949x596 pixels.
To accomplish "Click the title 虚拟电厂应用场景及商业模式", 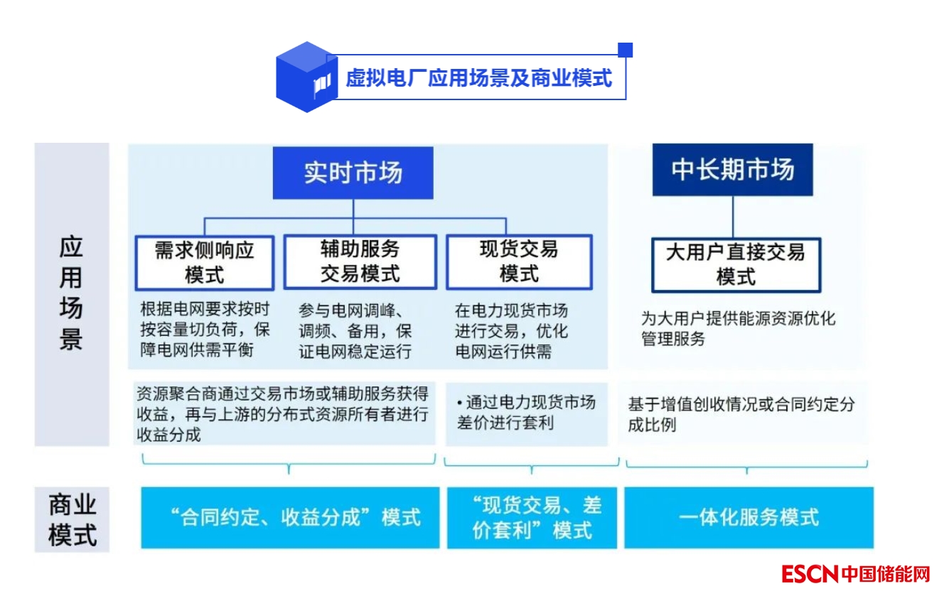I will [x=478, y=77].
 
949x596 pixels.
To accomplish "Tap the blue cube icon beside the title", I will [x=306, y=77].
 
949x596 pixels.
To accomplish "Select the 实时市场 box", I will [x=353, y=173].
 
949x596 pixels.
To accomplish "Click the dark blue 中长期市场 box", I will [x=733, y=170].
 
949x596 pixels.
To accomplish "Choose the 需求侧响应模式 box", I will [x=205, y=262].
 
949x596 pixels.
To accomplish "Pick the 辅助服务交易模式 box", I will [x=360, y=262].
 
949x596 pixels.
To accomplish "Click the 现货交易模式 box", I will [x=519, y=262].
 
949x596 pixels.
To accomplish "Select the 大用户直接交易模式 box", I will [x=736, y=264].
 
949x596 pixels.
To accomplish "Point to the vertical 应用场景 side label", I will [x=71, y=293].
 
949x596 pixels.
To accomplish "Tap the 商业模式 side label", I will [x=72, y=520].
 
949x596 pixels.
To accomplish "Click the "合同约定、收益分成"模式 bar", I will [x=290, y=517].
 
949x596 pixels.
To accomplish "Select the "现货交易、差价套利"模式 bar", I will [x=532, y=517].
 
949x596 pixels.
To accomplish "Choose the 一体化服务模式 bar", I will [x=749, y=517].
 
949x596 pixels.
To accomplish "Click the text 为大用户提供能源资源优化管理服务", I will [x=738, y=328].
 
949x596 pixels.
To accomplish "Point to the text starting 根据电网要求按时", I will [x=205, y=330].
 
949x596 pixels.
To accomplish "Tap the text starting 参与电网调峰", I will [x=355, y=330].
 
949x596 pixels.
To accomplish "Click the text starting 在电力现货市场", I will [x=512, y=330].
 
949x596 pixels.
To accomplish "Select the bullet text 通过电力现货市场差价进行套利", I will [x=526, y=413].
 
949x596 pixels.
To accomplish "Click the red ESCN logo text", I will [x=810, y=573].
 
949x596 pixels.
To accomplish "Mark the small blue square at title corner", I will [x=626, y=50].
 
